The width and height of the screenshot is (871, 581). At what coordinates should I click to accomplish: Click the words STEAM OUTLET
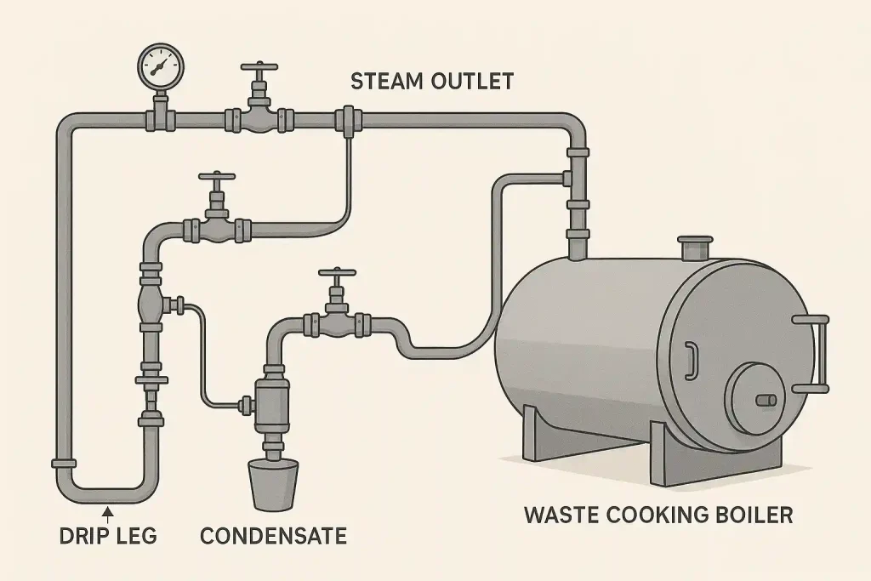(432, 82)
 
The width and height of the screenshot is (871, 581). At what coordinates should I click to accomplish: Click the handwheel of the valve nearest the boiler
(337, 273)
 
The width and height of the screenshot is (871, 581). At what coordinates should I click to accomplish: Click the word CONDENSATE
(273, 536)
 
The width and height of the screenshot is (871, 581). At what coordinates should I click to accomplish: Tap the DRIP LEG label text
(108, 536)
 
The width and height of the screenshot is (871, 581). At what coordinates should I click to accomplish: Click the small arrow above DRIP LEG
(107, 510)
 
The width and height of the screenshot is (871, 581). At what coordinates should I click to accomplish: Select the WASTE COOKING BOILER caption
(658, 515)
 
